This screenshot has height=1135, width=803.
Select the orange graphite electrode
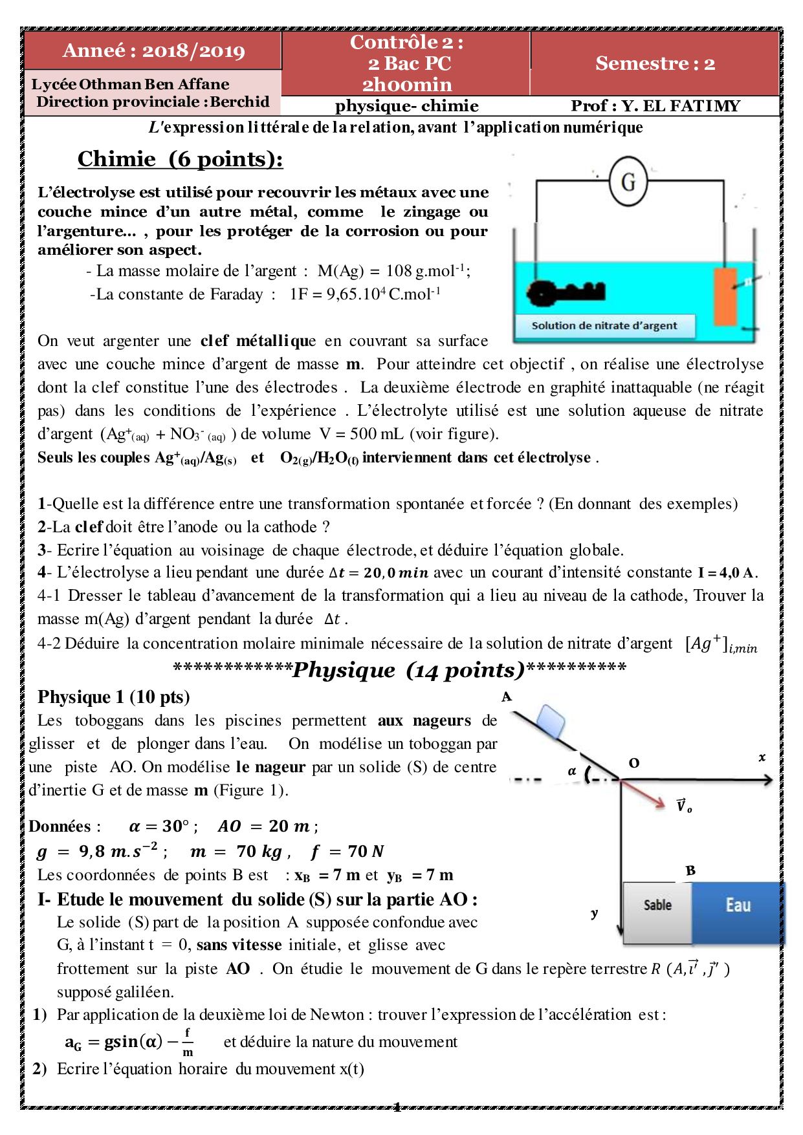(x=725, y=296)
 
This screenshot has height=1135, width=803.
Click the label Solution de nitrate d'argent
(x=604, y=326)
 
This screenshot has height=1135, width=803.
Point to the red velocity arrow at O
(x=644, y=794)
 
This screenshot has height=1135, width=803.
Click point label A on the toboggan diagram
(x=507, y=697)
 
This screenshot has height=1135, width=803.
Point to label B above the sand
(x=690, y=870)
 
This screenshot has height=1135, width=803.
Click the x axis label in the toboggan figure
(x=762, y=757)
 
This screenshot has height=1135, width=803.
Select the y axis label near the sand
(x=594, y=913)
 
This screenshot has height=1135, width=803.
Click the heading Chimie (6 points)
(x=181, y=159)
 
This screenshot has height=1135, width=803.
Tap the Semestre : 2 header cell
(x=655, y=63)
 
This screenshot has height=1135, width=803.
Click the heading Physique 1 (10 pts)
(x=114, y=697)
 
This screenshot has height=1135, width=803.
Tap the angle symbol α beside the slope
(x=571, y=771)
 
